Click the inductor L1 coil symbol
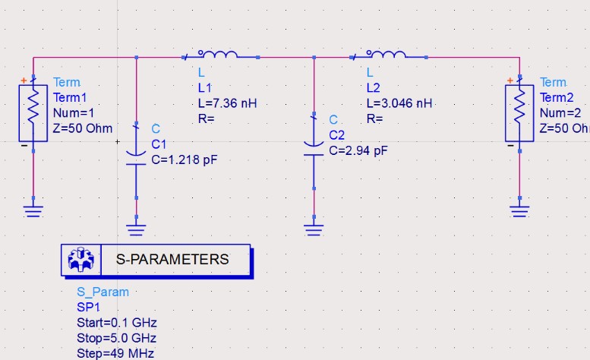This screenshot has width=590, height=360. coord(219,55)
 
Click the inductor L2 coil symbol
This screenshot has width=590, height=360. coord(387,55)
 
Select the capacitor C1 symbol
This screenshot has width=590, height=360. coord(136,151)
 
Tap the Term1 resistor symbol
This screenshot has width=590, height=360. coord(33,112)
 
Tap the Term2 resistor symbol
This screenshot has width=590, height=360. coord(519,112)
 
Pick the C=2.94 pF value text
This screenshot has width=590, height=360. coord(358,150)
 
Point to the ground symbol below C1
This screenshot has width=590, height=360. coord(136,229)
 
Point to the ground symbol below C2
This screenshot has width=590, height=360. coord(314,229)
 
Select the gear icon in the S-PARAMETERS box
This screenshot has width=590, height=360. coord(79,260)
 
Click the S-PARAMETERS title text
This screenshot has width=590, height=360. coord(172,259)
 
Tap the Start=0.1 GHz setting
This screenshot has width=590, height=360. coord(116,323)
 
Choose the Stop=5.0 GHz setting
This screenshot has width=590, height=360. coord(116,338)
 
